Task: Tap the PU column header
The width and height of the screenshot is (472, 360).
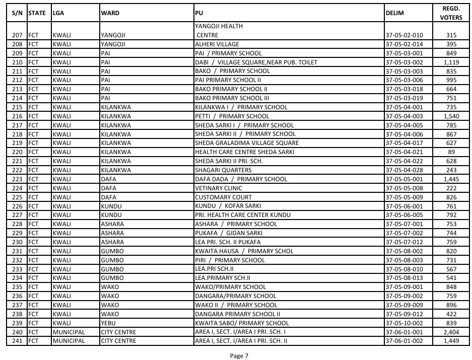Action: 198,13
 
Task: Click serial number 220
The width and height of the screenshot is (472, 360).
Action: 18,152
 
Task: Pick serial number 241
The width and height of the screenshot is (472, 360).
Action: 18,341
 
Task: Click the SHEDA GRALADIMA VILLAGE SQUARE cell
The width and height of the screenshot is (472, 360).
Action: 247,143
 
